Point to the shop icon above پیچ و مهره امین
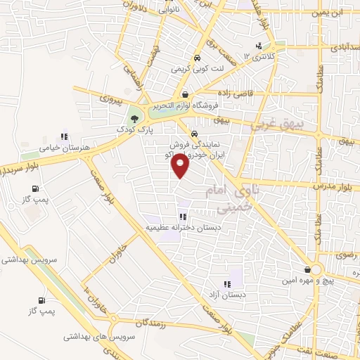tap(307, 270)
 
